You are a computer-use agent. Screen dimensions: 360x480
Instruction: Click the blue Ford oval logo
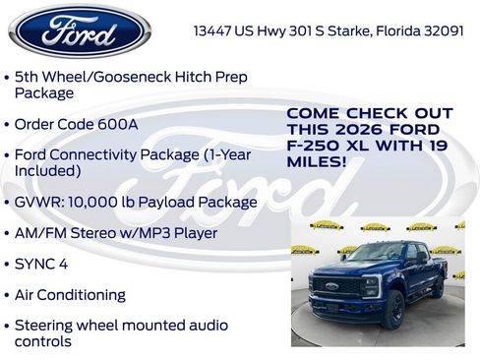pos(79,31)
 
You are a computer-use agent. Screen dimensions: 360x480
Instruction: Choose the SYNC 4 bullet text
pos(40,264)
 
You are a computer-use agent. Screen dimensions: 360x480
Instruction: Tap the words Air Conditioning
pos(70,294)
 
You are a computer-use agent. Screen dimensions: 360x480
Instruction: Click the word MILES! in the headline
pos(317,161)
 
